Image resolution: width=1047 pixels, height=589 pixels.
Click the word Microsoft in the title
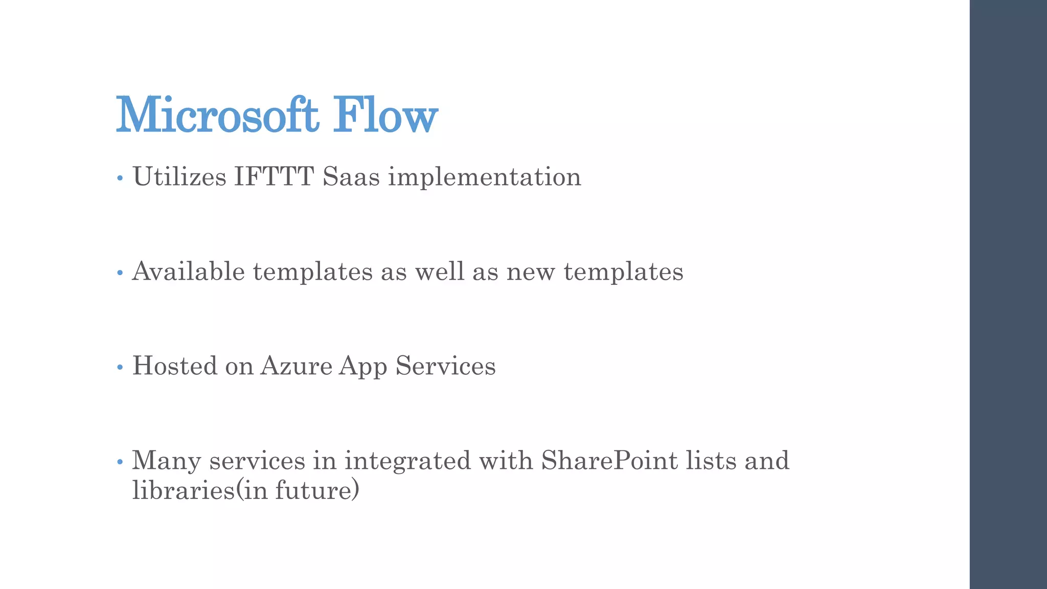(x=218, y=115)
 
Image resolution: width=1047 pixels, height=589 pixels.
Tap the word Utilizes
(x=179, y=177)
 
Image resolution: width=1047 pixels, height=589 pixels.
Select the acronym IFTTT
(x=274, y=177)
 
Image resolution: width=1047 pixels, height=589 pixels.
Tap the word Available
(x=189, y=271)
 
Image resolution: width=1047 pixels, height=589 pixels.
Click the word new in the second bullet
(x=530, y=272)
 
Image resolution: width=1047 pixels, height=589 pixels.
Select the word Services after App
(x=445, y=366)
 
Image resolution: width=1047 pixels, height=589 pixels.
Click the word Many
(x=167, y=461)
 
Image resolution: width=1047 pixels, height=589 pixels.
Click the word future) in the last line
(x=317, y=490)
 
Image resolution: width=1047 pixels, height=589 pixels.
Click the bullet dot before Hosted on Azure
(x=120, y=367)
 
